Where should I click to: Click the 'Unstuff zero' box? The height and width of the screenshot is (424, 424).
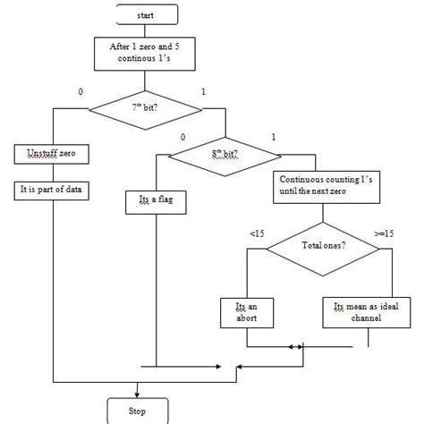51,155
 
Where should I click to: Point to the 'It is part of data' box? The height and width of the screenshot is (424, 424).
51,191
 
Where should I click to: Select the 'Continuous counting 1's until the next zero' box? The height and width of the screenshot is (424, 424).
319,185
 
